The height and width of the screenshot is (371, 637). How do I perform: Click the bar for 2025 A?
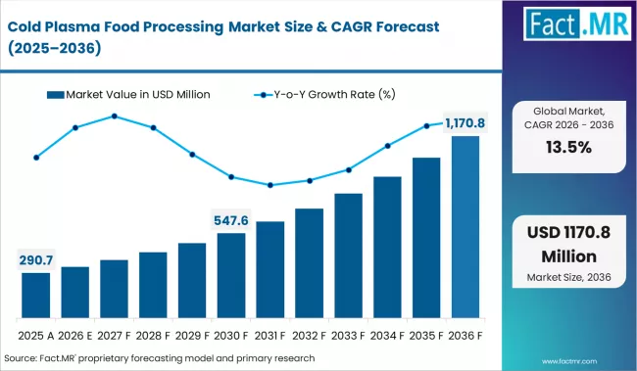(x=36, y=296)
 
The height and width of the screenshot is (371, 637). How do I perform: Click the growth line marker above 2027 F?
(x=115, y=116)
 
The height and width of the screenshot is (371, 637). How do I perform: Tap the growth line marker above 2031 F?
(x=270, y=185)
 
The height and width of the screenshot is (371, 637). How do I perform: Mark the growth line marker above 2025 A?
(x=36, y=157)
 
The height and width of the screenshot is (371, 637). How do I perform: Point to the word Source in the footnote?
(x=24, y=359)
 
